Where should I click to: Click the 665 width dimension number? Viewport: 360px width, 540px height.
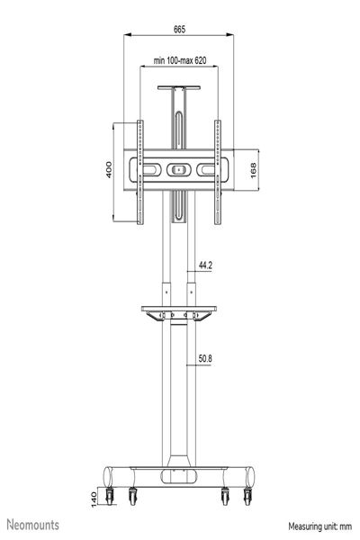pyautogui.click(x=179, y=30)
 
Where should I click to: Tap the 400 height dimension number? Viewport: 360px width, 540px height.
pyautogui.click(x=109, y=170)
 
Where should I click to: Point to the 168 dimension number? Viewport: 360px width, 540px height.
pyautogui.click(x=255, y=171)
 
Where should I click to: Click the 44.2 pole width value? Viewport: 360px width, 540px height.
pyautogui.click(x=204, y=265)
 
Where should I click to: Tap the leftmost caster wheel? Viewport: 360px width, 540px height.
pyautogui.click(x=112, y=496)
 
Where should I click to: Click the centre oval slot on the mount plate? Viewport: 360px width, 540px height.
pyautogui.click(x=178, y=169)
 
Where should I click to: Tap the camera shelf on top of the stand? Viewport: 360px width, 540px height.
pyautogui.click(x=178, y=88)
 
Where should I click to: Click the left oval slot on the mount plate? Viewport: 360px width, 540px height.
pyautogui.click(x=148, y=169)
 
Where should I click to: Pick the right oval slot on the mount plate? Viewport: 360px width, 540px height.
pyautogui.click(x=208, y=169)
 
